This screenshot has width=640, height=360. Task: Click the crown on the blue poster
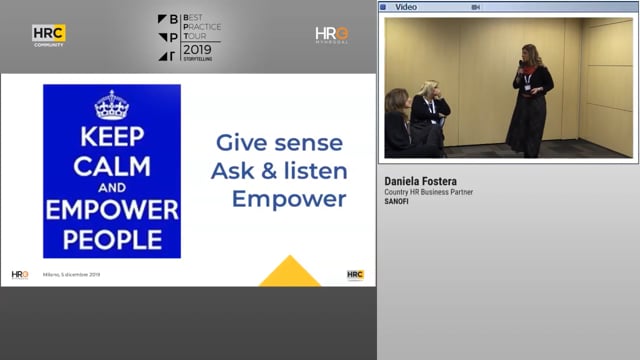[111, 105]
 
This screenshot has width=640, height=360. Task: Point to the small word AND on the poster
[111, 187]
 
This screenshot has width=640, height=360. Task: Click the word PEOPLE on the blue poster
[111, 239]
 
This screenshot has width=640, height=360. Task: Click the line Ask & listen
[279, 171]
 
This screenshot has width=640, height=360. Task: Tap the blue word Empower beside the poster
[289, 198]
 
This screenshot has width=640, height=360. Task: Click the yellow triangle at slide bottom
[290, 272]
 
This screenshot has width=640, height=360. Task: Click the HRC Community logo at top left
[48, 35]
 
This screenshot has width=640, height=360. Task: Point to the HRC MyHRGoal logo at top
[331, 35]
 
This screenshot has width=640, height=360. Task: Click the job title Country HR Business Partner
[429, 192]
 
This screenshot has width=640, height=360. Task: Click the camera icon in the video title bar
[476, 6]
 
